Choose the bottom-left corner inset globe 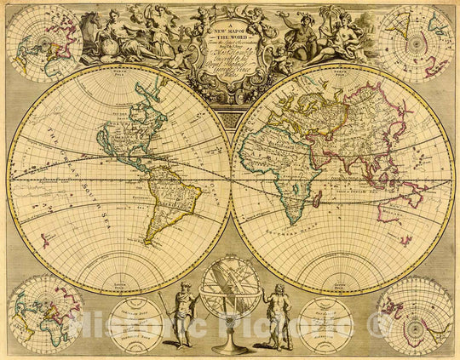tap(45, 311)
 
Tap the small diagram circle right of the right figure tap(326, 324)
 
